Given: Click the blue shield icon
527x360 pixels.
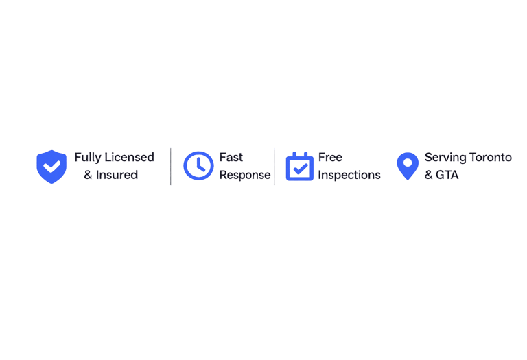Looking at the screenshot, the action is (51, 167).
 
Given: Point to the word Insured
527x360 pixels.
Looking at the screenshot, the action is (117, 175).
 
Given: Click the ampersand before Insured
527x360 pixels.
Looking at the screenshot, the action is (89, 175).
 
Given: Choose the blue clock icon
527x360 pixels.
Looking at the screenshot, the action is (198, 166).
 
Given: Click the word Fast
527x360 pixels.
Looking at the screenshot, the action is (231, 157).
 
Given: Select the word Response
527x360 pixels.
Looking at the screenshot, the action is (245, 175).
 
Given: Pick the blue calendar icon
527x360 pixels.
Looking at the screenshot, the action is (300, 167).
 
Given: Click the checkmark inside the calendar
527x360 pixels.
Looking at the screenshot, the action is (300, 169).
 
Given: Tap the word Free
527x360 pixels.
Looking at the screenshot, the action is (330, 157).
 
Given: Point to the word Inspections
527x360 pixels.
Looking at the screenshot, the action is (349, 175).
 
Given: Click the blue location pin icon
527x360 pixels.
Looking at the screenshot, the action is (408, 166).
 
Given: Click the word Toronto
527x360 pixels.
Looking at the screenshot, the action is (489, 157).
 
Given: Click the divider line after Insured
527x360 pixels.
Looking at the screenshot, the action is (171, 166).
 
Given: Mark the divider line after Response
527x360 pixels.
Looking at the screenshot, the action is (274, 166).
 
